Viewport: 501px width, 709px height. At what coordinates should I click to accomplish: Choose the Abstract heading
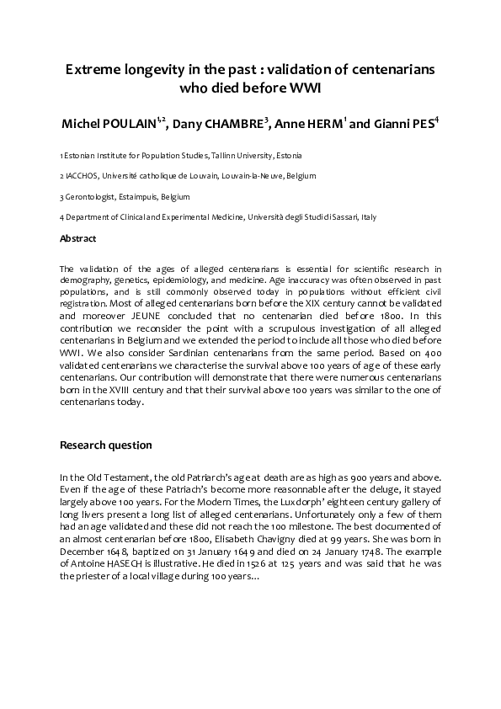(x=77, y=238)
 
